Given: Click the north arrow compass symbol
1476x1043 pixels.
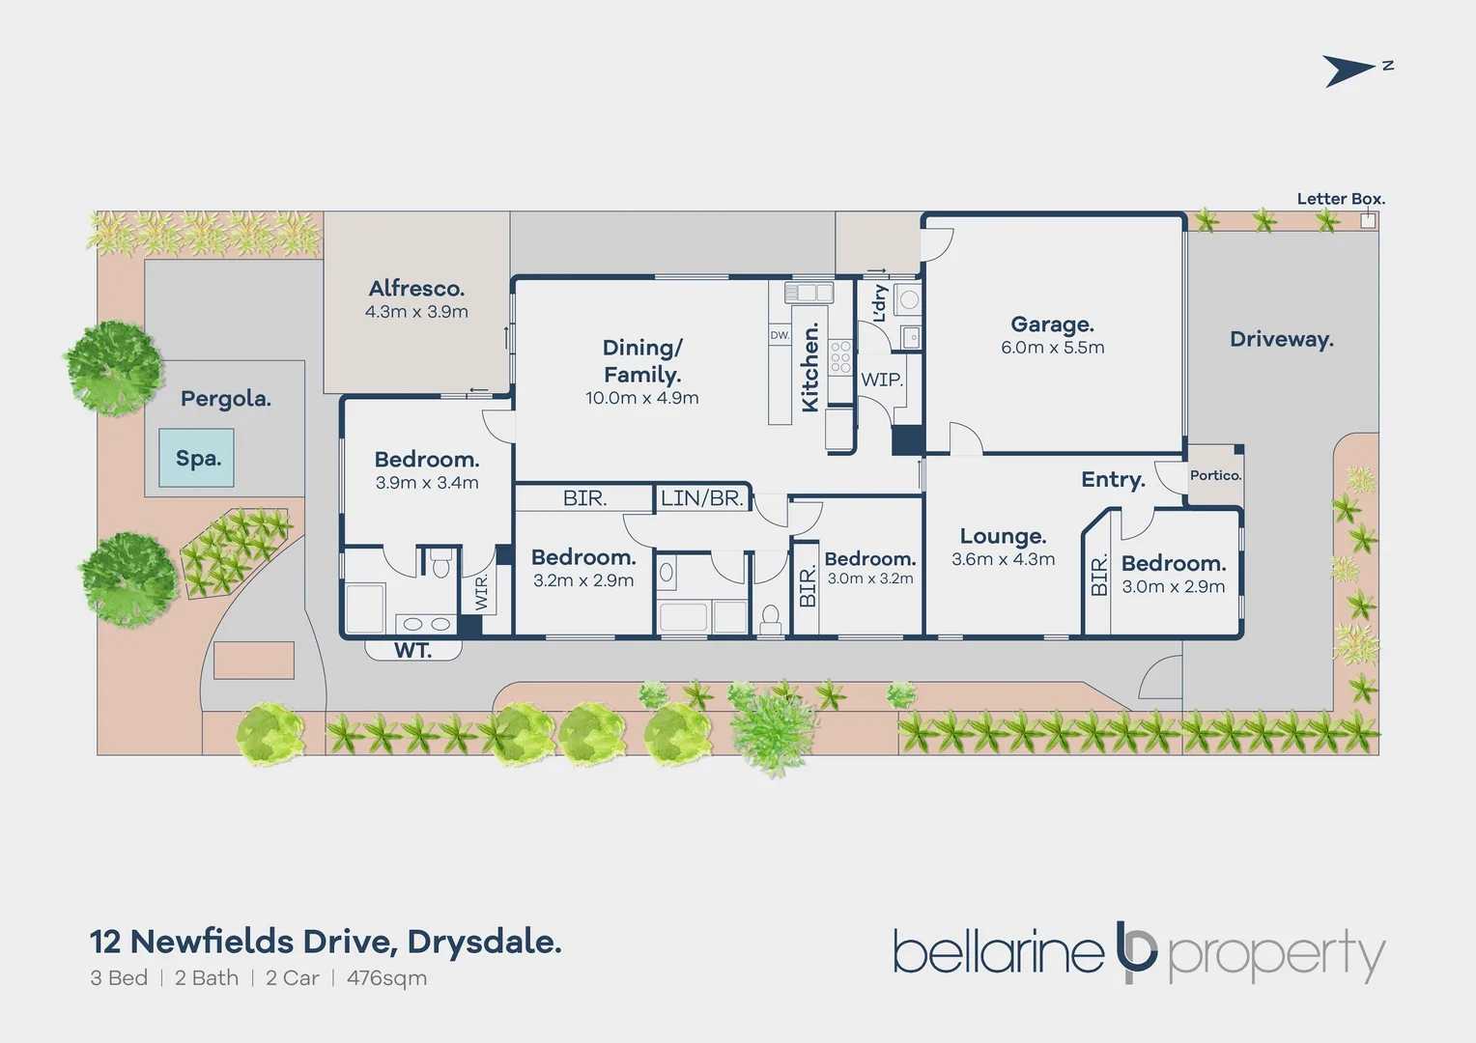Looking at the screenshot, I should [x=1349, y=70].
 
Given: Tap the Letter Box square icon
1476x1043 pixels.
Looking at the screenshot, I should [x=1368, y=220].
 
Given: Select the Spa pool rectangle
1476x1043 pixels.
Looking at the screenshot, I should [x=198, y=459].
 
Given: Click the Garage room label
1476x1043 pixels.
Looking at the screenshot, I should [x=1052, y=324].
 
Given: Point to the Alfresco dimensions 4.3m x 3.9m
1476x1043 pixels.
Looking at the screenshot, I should [x=416, y=312].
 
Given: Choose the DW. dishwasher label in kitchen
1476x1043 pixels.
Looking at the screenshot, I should [x=780, y=335].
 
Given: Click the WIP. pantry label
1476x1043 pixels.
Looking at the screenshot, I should [x=882, y=380].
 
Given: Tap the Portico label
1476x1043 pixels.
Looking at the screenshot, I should [x=1215, y=475].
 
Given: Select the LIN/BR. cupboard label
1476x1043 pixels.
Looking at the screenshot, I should [x=702, y=498].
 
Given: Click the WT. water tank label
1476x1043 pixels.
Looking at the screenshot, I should [x=412, y=651].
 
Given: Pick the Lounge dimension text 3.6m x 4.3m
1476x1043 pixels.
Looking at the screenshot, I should [x=1003, y=559].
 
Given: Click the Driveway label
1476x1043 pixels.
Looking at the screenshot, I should [x=1281, y=339].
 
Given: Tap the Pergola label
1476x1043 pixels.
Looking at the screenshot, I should [x=226, y=398].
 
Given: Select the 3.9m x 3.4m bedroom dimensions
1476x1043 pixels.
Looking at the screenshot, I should [x=427, y=483].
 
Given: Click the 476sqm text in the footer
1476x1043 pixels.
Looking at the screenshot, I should [x=386, y=977].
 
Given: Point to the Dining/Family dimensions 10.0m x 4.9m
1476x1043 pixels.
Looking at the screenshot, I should [x=642, y=398].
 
